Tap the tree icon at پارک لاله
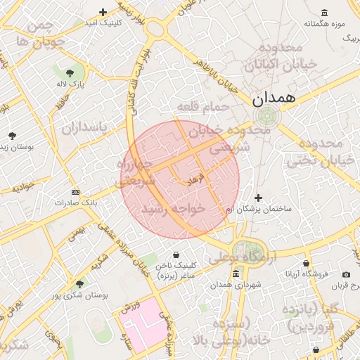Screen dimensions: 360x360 point(70,72)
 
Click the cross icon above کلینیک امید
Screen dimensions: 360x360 point(103,12)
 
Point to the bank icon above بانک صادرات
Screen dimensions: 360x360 point(75,191)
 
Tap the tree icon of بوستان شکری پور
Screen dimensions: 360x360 point(79,284)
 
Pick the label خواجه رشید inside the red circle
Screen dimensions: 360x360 point(172,210)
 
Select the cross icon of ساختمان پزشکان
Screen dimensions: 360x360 point(259,198)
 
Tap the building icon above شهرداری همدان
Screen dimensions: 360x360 point(236,273)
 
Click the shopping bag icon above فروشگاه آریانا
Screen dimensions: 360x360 point(306,264)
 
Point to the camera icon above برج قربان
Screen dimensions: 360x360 point(346,274)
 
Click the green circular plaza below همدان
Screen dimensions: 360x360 point(266,117)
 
